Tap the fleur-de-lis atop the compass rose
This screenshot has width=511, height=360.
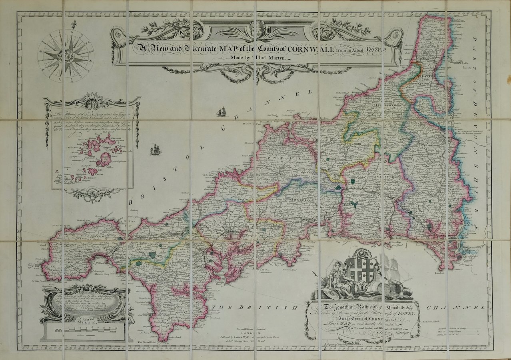(x=74, y=25)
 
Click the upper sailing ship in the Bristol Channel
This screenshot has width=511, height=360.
(x=222, y=112)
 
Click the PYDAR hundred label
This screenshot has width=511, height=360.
(x=277, y=158)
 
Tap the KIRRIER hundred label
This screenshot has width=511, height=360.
(x=183, y=260)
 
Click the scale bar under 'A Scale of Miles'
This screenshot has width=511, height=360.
(x=86, y=331)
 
